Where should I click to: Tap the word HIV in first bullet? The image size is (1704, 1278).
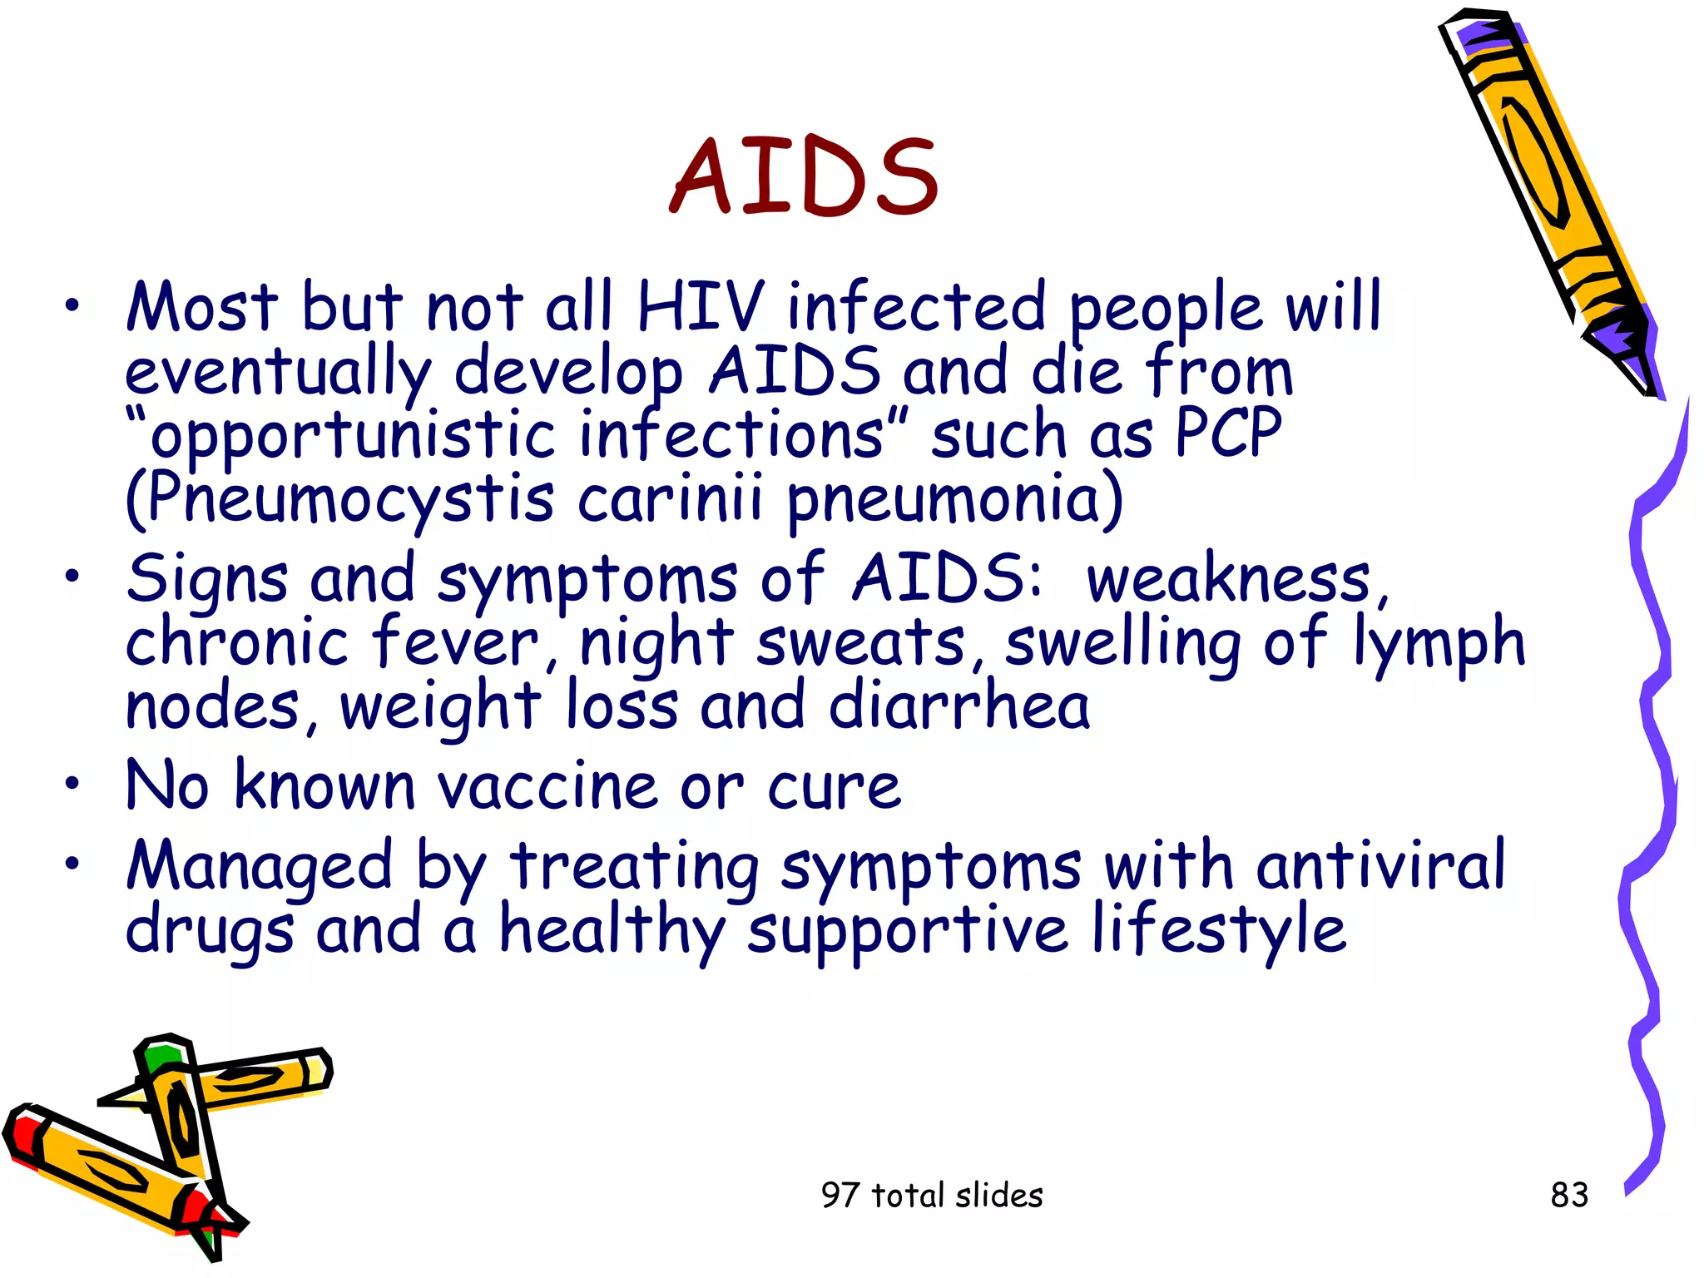click(700, 307)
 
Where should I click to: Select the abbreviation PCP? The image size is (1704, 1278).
click(1228, 434)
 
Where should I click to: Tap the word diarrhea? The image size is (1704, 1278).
click(958, 706)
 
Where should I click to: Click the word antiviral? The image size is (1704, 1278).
click(1380, 866)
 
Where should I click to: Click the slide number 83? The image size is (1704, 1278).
click(1569, 1195)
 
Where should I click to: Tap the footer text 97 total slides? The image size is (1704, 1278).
click(931, 1195)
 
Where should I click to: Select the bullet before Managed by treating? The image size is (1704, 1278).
click(73, 864)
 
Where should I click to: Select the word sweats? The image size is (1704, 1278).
click(861, 643)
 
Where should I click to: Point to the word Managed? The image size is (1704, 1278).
click(259, 866)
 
